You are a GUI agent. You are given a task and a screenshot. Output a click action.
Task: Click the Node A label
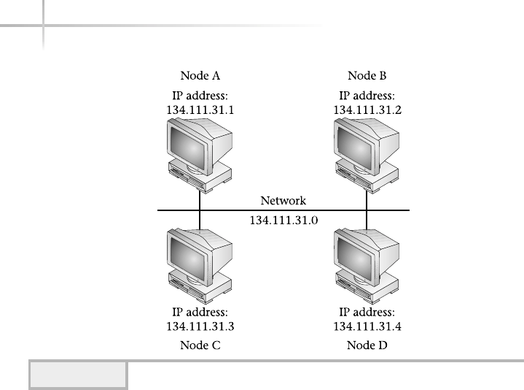click(x=200, y=75)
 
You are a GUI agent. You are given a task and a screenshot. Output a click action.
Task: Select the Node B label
click(x=367, y=75)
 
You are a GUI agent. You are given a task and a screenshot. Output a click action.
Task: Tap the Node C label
click(x=200, y=345)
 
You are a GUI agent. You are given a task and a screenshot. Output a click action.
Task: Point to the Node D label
click(x=367, y=345)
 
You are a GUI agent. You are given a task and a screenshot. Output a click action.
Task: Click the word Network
click(x=283, y=201)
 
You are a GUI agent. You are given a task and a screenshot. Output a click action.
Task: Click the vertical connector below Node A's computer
click(x=200, y=199)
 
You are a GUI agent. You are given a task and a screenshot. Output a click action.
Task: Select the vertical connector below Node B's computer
click(x=367, y=199)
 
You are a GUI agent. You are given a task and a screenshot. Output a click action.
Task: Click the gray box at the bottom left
click(x=78, y=375)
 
